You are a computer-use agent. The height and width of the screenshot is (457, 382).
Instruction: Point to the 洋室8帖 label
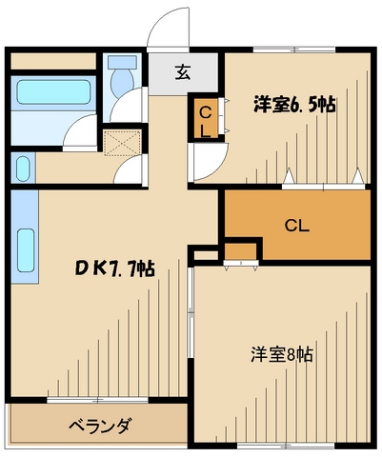(284, 353)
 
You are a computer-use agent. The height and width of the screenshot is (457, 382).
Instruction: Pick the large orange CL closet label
(297, 226)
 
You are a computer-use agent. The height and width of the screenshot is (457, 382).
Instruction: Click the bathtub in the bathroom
(52, 96)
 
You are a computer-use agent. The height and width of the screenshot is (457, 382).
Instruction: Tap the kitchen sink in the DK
(26, 250)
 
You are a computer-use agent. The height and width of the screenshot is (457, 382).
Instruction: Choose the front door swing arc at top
(168, 29)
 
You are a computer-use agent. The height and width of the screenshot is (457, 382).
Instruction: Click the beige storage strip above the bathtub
(53, 61)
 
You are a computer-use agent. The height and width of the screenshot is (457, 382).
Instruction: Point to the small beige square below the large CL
(242, 252)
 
